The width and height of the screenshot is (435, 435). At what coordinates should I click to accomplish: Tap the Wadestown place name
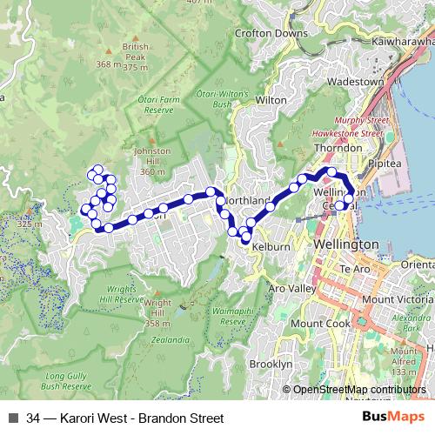354,82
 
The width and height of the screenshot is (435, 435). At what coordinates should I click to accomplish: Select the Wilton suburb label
271,100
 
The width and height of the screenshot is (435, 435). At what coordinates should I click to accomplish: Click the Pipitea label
383,163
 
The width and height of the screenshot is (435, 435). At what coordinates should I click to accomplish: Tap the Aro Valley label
291,288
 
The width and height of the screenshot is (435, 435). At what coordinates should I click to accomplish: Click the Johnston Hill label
151,161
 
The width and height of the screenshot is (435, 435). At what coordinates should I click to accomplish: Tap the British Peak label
136,55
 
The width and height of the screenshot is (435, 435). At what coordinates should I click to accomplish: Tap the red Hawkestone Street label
348,134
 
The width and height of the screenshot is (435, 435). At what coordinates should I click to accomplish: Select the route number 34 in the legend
34,418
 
